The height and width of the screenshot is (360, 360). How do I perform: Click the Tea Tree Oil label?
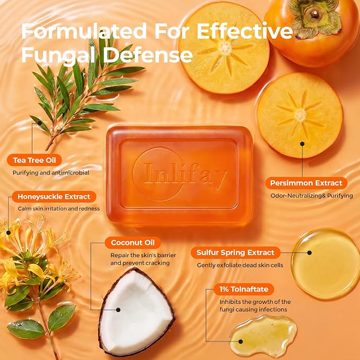tap(34, 160)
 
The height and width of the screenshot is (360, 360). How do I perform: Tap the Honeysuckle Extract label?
tap(54, 197)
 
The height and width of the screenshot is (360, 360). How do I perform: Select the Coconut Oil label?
tap(133, 243)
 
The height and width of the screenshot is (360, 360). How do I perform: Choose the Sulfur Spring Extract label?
tap(235, 252)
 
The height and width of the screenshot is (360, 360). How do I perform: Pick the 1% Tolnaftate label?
tap(244, 289)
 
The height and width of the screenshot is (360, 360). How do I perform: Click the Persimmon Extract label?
tap(306, 183)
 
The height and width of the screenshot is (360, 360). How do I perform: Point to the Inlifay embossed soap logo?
tap(180, 175)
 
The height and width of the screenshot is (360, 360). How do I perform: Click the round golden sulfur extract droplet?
tap(325, 264)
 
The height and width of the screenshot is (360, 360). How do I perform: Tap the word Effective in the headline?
tap(245, 31)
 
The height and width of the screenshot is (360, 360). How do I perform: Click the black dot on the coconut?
tap(118, 310)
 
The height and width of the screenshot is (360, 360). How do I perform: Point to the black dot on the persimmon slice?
tap(302, 144)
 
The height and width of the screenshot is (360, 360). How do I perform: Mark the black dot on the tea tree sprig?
tap(40, 124)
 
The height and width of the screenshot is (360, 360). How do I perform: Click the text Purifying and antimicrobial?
tap(51, 173)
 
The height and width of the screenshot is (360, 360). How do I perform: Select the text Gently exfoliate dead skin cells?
tap(240, 265)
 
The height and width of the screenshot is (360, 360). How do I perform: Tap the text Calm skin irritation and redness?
tap(59, 209)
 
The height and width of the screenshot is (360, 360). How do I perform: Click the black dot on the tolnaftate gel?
tap(241, 341)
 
